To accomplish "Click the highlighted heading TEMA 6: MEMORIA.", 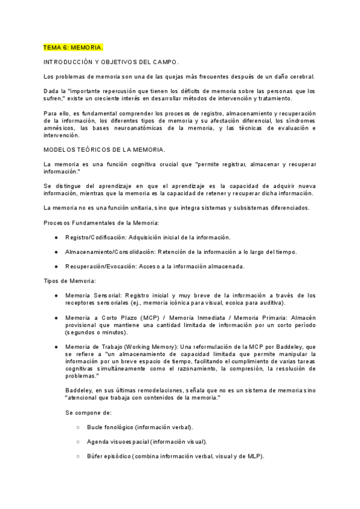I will [73, 47].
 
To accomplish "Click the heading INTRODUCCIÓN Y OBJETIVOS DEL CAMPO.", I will [112, 62].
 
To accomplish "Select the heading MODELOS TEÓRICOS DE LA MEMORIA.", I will [105, 149].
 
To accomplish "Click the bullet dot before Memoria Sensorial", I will [56, 295].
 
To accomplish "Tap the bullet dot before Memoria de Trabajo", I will [56, 346].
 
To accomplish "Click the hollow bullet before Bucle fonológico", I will [79, 427].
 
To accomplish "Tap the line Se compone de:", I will [88, 412].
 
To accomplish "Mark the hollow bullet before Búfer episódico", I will [79, 456].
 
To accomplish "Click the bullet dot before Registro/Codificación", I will [56, 237].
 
